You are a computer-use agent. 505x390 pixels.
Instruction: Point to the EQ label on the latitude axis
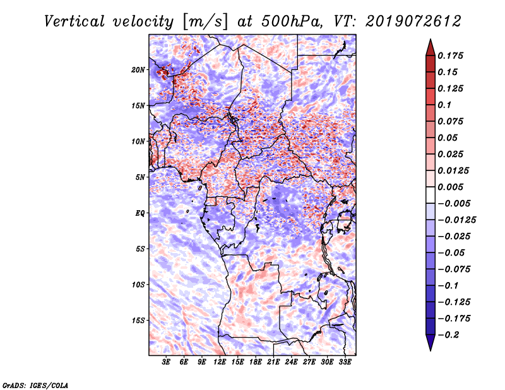click(x=141, y=213)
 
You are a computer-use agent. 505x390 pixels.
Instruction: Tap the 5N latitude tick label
click(x=141, y=177)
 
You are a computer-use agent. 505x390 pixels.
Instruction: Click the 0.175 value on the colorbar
click(x=452, y=56)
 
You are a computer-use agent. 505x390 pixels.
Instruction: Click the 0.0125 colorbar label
click(x=454, y=170)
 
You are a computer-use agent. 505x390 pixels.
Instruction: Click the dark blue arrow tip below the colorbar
click(x=430, y=345)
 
